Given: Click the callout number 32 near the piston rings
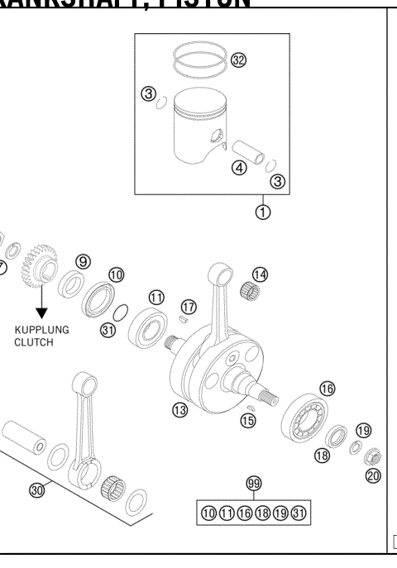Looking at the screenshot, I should point(239,60).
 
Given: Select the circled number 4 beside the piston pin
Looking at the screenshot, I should point(239,168).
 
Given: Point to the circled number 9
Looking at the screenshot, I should point(83,261).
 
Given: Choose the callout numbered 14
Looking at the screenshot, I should point(261,274).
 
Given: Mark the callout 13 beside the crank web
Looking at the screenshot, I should point(179,409).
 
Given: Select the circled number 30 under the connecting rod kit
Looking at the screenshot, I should point(36,489).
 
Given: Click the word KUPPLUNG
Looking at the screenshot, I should point(41,328).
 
